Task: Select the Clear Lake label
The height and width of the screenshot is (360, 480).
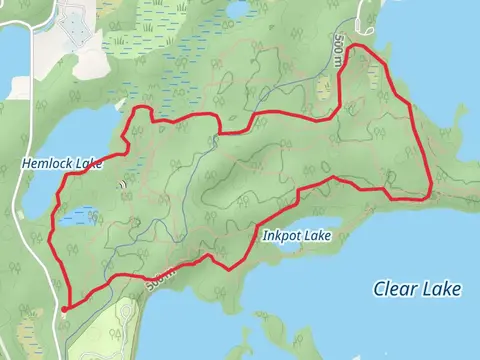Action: (x=417, y=289)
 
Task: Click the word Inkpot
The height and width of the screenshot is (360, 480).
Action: (x=283, y=237)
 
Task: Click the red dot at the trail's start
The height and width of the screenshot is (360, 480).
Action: (x=63, y=310)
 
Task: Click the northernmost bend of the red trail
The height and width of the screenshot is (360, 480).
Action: (x=365, y=47)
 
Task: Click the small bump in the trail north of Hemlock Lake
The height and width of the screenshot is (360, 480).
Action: (x=143, y=107)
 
